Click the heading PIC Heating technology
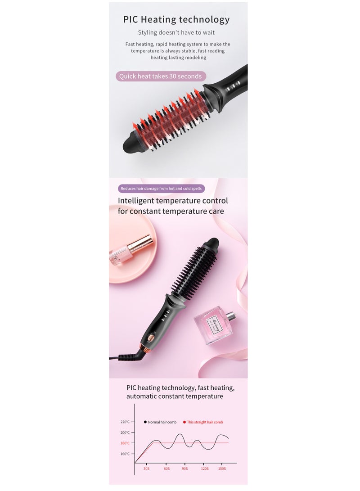[x=176, y=19]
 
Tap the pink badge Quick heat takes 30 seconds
[x=160, y=76]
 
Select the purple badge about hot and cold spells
[x=160, y=188]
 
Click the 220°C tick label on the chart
[x=125, y=422]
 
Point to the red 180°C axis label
[x=125, y=443]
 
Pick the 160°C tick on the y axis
[x=125, y=454]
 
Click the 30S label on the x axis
[x=146, y=468]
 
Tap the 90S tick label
[x=184, y=468]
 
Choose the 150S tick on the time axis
[x=222, y=468]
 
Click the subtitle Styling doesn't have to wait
[x=176, y=32]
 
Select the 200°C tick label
[x=125, y=432]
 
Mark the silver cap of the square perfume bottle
[x=232, y=315]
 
